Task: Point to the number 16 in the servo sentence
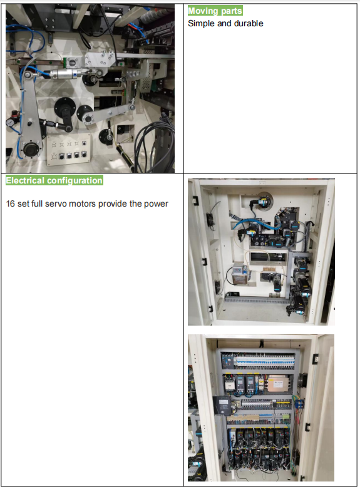coord(10,203)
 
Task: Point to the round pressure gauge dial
coord(9,123)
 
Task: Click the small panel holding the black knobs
coord(69,150)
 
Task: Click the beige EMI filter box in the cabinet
coord(279,384)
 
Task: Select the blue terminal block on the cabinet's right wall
coord(299,404)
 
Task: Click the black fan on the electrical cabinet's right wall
coord(302,380)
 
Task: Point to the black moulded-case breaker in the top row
coord(227,361)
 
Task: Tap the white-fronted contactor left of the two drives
coord(229,384)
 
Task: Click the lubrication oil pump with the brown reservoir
coord(240,274)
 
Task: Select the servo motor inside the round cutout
coord(262,200)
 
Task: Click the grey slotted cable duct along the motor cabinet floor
coord(257,300)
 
